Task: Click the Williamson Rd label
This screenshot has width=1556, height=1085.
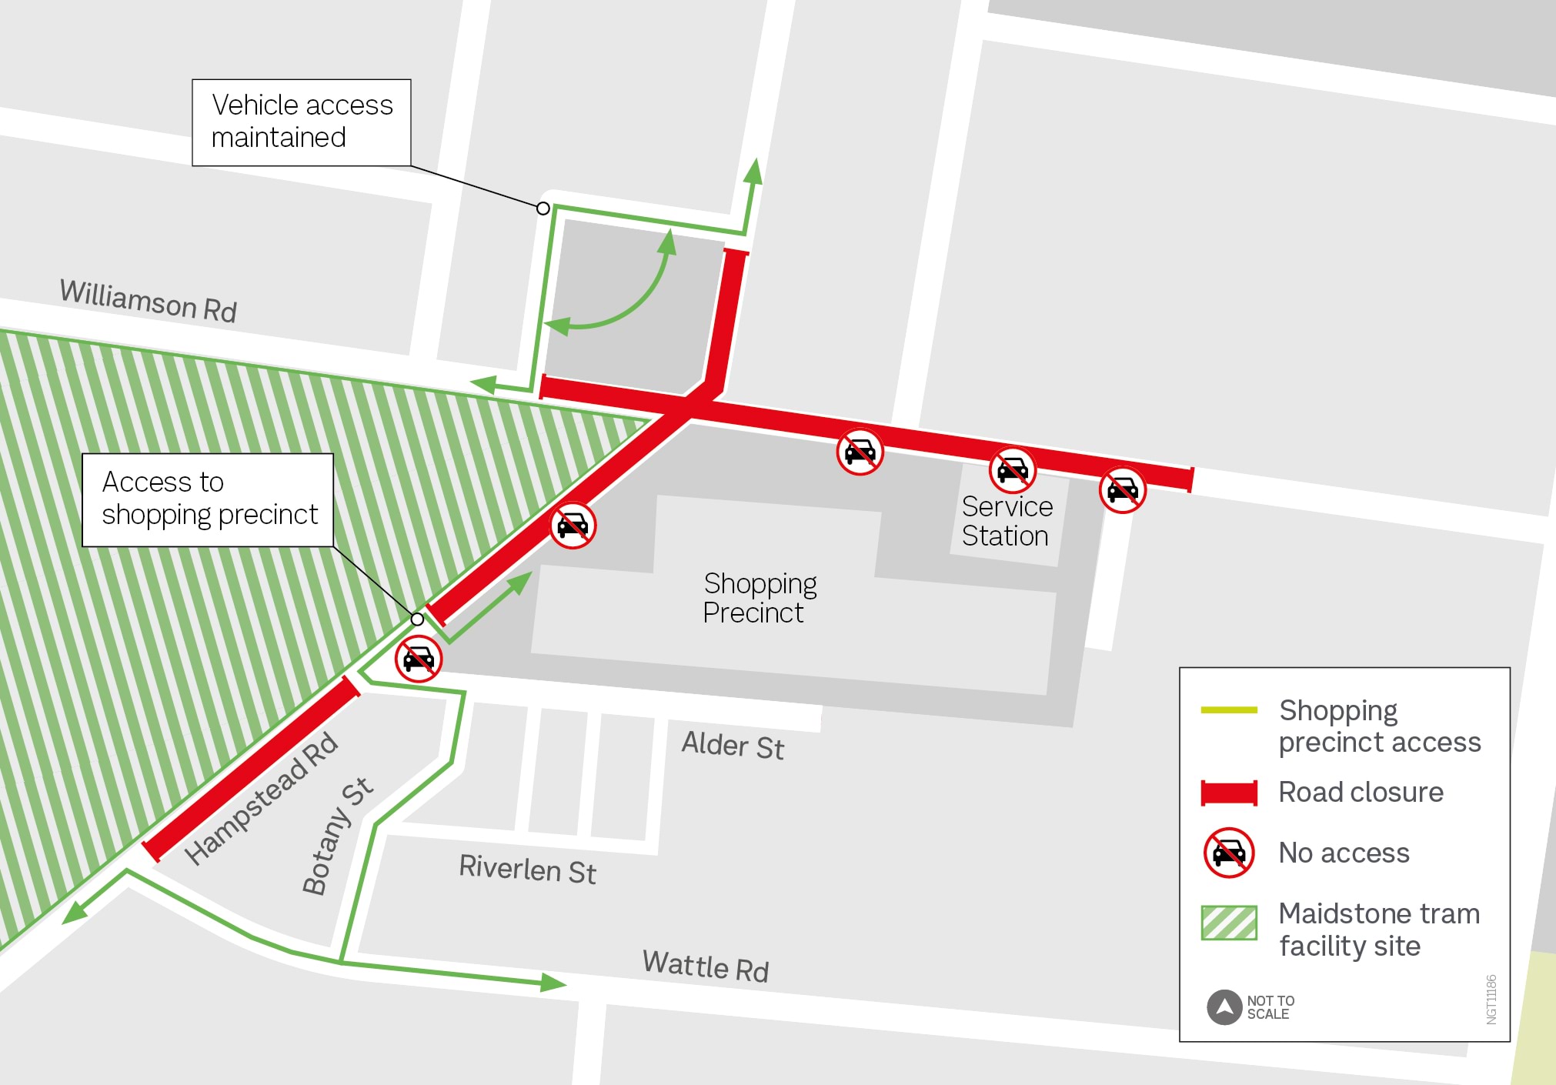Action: pyautogui.click(x=148, y=301)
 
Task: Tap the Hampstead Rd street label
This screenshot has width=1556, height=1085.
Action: pyautogui.click(x=261, y=798)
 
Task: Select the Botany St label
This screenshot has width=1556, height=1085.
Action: pyautogui.click(x=336, y=836)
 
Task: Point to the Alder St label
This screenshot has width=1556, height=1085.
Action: pyautogui.click(x=733, y=746)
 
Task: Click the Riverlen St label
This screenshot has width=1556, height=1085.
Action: pyautogui.click(x=527, y=870)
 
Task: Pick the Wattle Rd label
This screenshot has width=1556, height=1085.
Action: pyautogui.click(x=705, y=966)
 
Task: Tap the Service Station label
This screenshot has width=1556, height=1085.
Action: pyautogui.click(x=1007, y=521)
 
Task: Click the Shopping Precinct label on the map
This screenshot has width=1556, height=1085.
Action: pyautogui.click(x=759, y=598)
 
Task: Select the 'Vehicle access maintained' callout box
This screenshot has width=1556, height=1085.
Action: pyautogui.click(x=301, y=122)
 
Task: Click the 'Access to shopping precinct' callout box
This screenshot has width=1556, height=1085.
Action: pyautogui.click(x=208, y=499)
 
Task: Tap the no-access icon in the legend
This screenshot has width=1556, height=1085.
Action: pyautogui.click(x=1228, y=853)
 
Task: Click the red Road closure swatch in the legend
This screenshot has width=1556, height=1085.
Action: pyautogui.click(x=1228, y=793)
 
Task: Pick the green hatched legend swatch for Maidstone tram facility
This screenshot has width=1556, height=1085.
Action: pyautogui.click(x=1228, y=923)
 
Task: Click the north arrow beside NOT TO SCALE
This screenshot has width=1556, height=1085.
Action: pyautogui.click(x=1224, y=1007)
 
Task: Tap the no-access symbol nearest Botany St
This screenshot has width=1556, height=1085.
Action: pyautogui.click(x=419, y=659)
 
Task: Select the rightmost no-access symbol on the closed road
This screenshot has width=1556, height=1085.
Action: pyautogui.click(x=1122, y=489)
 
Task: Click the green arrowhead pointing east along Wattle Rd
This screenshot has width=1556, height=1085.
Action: pyautogui.click(x=553, y=983)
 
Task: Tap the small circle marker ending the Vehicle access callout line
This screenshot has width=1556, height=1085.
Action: pyautogui.click(x=543, y=209)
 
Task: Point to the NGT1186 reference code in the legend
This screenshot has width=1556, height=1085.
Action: pyautogui.click(x=1491, y=999)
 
